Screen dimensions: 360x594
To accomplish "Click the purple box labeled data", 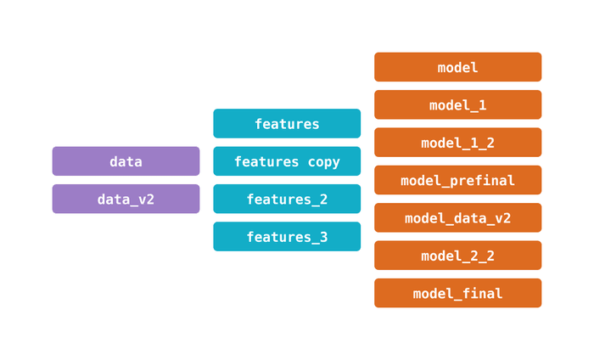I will coord(126,161).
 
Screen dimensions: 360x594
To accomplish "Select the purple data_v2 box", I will coord(126,199).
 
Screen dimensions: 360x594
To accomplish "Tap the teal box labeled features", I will coord(287,124).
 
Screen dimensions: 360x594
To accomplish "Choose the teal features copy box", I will coord(287,161).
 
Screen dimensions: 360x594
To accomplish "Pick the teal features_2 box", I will coord(287,199).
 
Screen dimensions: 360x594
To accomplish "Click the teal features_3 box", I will coord(287,237).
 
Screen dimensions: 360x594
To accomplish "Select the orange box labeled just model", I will coord(457,67).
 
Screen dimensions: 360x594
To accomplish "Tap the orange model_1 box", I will coord(457,105).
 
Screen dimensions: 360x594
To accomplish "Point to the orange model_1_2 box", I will coord(457,143).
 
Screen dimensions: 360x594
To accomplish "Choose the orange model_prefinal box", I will coord(457,180).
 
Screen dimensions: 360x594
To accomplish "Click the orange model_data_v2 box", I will coord(457,218).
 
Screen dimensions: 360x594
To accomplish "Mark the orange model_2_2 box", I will coord(457,256).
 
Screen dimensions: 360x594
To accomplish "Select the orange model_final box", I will coord(457,293).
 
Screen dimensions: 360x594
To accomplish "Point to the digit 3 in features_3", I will coord(323,237).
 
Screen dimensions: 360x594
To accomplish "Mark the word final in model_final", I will coord(482,294).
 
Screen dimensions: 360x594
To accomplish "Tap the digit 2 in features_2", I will coord(323,200).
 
